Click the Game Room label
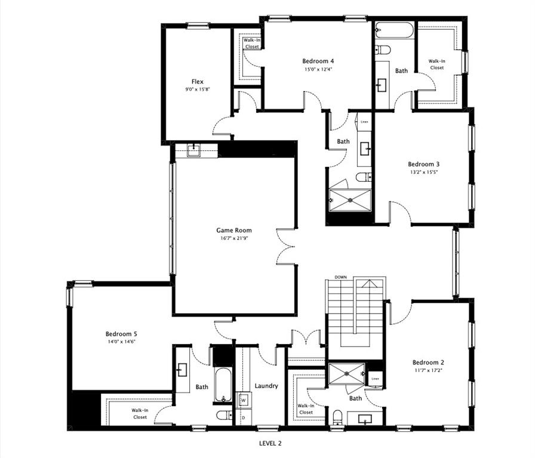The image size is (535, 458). (x=233, y=230)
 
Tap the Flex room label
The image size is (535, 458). (x=198, y=82)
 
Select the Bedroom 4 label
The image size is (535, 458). (x=318, y=61)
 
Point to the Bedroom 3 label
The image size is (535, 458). (x=424, y=164)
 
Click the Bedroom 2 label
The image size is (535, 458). (x=428, y=362)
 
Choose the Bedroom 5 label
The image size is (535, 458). (x=121, y=334)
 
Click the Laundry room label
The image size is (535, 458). (x=266, y=386)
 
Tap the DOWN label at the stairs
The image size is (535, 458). (x=341, y=277)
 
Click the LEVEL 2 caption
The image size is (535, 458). (x=270, y=443)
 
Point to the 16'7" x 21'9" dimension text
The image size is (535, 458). (x=233, y=239)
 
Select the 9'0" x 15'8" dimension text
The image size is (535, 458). (x=198, y=89)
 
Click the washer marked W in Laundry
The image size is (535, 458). (x=243, y=400)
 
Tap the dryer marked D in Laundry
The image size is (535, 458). (x=243, y=417)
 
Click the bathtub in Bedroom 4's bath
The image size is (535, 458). (x=394, y=30)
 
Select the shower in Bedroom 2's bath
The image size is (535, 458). (x=346, y=374)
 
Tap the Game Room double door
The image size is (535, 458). (x=287, y=246)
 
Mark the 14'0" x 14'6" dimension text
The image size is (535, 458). (x=121, y=342)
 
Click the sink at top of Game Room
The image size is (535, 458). (x=194, y=150)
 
